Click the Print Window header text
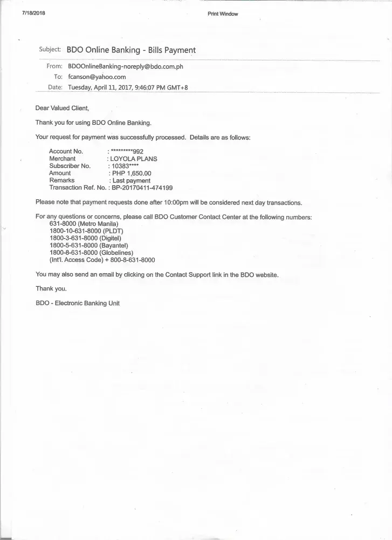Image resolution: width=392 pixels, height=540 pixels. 222,14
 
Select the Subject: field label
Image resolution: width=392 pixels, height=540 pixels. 50,50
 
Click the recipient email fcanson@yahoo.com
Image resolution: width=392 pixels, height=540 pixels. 97,77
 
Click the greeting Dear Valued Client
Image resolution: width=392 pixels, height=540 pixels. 61,109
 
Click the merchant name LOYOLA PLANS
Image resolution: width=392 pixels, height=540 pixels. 133,159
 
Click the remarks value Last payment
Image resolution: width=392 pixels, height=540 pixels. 132,180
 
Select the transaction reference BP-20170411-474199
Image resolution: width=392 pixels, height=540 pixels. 142,188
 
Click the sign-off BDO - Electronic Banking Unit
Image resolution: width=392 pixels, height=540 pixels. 78,303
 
